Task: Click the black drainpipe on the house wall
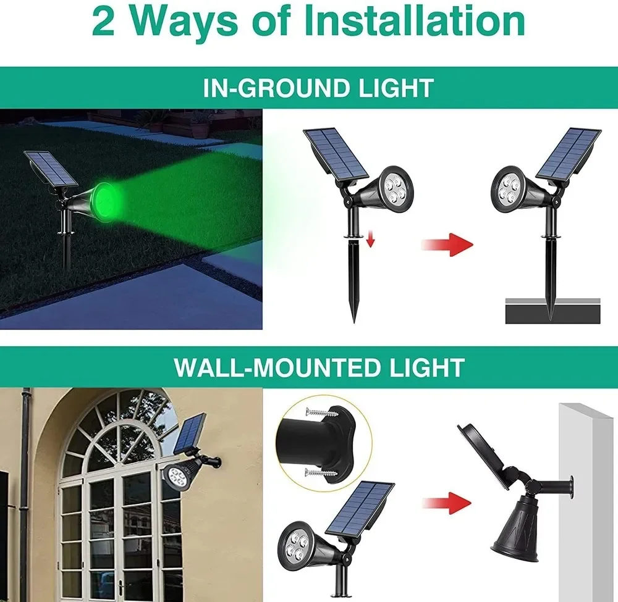click(25, 494)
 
